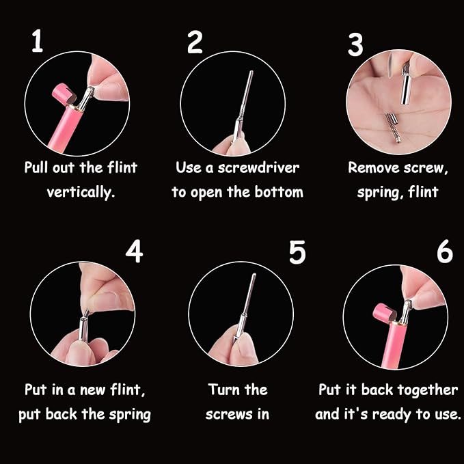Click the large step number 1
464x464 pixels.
pyautogui.click(x=38, y=40)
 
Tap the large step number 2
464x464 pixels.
pyautogui.click(x=195, y=42)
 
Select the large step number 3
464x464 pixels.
pyautogui.click(x=355, y=44)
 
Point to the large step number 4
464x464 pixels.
pyautogui.click(x=135, y=251)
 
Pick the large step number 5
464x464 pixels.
pyautogui.click(x=297, y=252)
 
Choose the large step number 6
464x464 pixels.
pyautogui.click(x=445, y=251)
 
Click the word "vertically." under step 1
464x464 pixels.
pyautogui.click(x=81, y=193)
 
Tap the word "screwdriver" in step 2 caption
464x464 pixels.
pyautogui.click(x=258, y=168)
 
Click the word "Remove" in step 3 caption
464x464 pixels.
pyautogui.click(x=373, y=168)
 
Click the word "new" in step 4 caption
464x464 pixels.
pyautogui.click(x=93, y=390)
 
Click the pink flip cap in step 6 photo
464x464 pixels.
pyautogui.click(x=385, y=314)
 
